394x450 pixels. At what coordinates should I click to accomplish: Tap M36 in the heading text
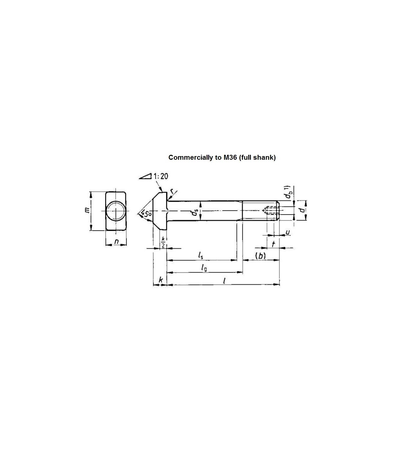229,157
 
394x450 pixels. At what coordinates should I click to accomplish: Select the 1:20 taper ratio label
161,176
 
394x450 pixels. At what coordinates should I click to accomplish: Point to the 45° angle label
146,214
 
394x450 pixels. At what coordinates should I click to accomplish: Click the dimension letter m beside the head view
87,210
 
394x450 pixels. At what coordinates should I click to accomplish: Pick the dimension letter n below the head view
117,241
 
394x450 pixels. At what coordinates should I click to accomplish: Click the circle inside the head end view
116,211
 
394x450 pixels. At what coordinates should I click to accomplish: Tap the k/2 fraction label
163,242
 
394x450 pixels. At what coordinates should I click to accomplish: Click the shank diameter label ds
195,213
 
